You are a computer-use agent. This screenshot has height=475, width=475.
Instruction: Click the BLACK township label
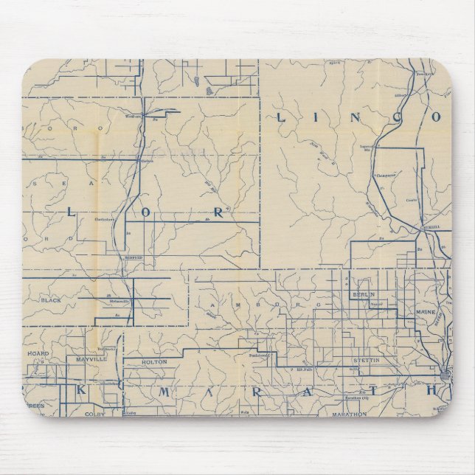click(51, 301)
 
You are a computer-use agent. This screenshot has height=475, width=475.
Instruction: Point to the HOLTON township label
click(155, 362)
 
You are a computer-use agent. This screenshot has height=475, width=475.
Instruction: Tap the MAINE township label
click(427, 313)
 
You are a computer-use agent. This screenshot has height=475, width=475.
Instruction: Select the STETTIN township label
click(356, 361)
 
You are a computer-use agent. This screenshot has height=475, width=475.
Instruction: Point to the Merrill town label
click(430, 227)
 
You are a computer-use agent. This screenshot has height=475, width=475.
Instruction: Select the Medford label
click(134, 257)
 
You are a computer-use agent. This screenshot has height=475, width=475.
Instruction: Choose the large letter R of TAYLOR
click(218, 212)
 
